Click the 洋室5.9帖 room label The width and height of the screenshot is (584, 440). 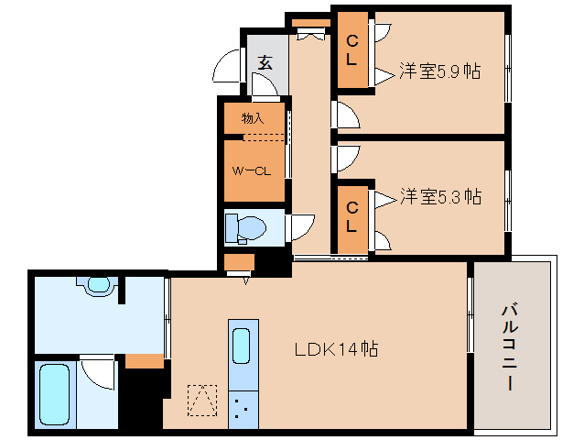pyautogui.click(x=440, y=71)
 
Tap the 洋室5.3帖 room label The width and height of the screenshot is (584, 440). pyautogui.click(x=440, y=196)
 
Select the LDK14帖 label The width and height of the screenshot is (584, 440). pyautogui.click(x=336, y=349)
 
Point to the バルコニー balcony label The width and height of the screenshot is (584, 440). pyautogui.click(x=510, y=347)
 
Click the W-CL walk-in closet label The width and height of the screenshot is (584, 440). pyautogui.click(x=252, y=171)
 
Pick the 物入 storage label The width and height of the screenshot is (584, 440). pyautogui.click(x=253, y=118)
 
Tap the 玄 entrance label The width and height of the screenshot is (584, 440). pyautogui.click(x=265, y=62)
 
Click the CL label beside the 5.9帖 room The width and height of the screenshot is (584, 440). pyautogui.click(x=352, y=50)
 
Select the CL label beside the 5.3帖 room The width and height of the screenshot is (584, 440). pyautogui.click(x=352, y=216)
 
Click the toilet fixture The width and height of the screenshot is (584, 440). pyautogui.click(x=245, y=228)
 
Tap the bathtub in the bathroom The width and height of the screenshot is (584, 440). pyautogui.click(x=54, y=394)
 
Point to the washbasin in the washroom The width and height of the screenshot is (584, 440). pyautogui.click(x=98, y=285)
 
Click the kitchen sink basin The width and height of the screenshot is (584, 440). pyautogui.click(x=242, y=346)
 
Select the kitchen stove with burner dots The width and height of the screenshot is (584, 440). pyautogui.click(x=243, y=410)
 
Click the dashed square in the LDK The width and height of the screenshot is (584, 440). pyautogui.click(x=202, y=401)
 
